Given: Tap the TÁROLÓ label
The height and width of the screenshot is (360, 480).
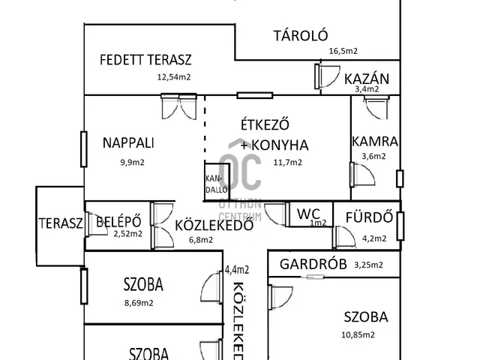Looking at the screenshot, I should coord(301,35).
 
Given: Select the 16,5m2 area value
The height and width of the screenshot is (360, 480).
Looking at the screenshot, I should coord(343,52).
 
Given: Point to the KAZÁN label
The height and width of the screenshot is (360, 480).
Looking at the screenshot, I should coord(366,79).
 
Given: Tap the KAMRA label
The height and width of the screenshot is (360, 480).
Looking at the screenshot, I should coord(374,141).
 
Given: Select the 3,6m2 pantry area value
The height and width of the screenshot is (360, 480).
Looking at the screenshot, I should coord(373,157).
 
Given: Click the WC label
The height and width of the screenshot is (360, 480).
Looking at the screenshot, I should coord(307,214).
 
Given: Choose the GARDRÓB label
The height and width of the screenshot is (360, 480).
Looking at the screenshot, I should coord(313,264).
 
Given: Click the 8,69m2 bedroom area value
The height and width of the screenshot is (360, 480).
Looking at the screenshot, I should coord(139,303).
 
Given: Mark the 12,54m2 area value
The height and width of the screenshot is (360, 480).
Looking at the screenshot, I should coord(174,76).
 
